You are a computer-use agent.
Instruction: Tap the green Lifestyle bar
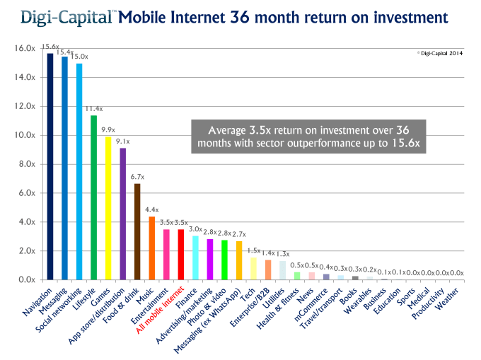pyautogui.click(x=93, y=197)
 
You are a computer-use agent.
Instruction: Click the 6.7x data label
pyautogui.click(x=137, y=177)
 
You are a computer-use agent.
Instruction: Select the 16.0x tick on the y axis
pyautogui.click(x=25, y=48)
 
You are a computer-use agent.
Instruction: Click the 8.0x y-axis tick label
pyautogui.click(x=27, y=164)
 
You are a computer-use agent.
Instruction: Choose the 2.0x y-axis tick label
pyautogui.click(x=27, y=251)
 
